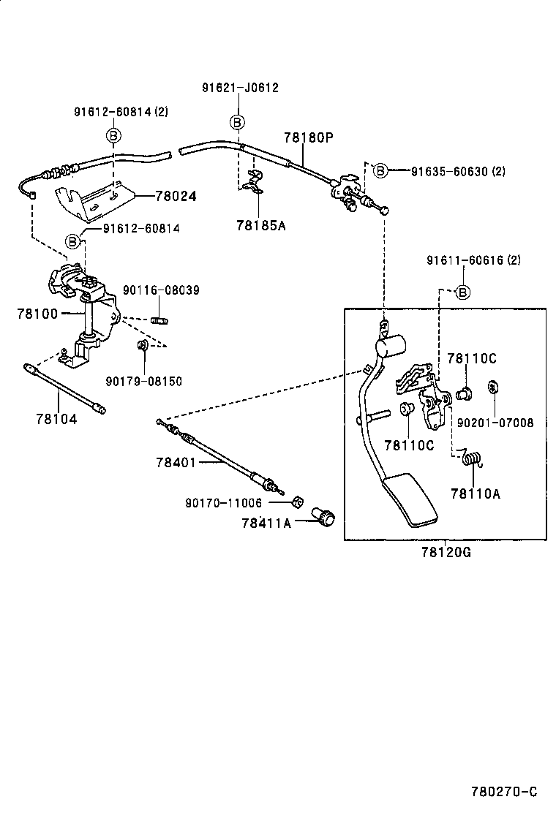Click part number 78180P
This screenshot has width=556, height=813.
point(308,137)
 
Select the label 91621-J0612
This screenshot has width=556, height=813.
point(240,88)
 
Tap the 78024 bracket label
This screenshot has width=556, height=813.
point(176,197)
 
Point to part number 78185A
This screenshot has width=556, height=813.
point(260,225)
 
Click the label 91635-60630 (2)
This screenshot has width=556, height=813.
point(458,172)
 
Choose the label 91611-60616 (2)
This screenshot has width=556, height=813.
point(474,260)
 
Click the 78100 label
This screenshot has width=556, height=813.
point(37,313)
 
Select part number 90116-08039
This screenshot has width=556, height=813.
point(162,290)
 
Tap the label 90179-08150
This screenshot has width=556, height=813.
point(143,381)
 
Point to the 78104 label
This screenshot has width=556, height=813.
point(55,419)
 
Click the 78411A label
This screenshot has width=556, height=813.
point(266,523)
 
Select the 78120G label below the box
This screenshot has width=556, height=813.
point(446,553)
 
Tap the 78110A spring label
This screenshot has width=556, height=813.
point(476,494)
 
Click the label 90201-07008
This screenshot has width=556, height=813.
point(495,423)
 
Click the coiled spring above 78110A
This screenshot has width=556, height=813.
point(473,458)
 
